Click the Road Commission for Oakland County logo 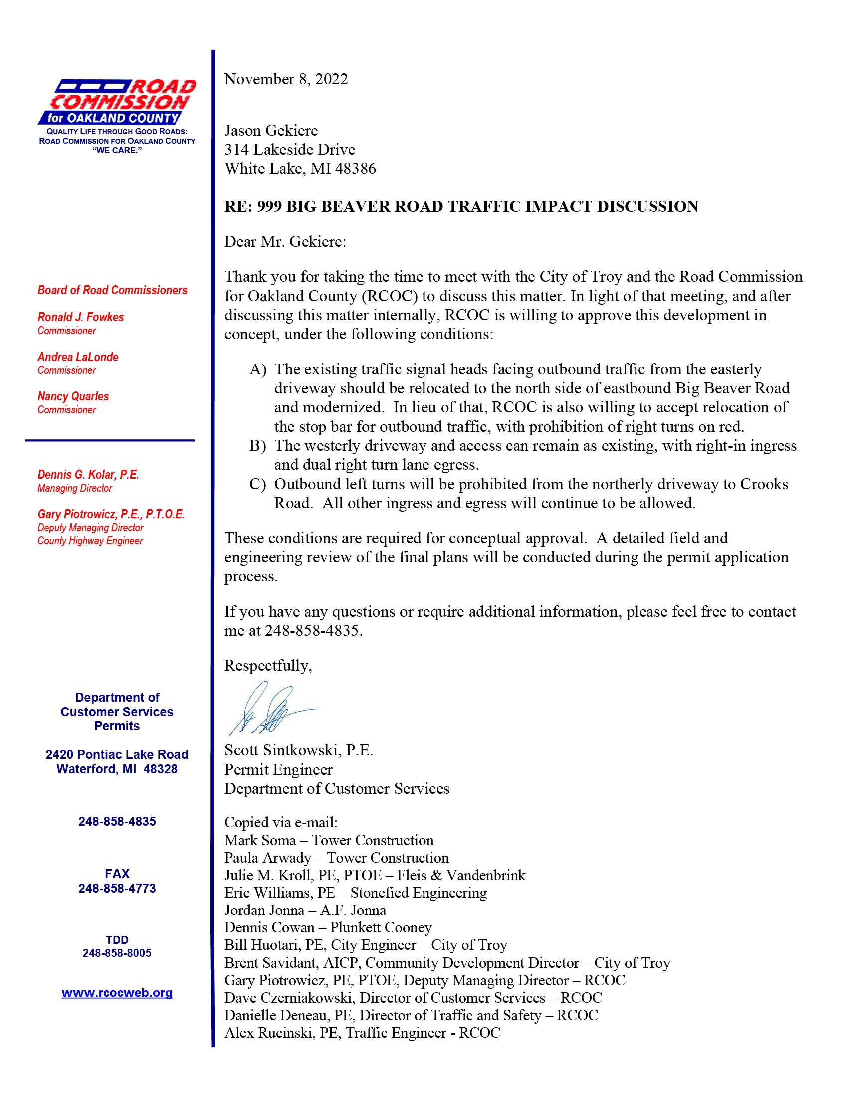[x=117, y=102]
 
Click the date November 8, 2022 [x=286, y=79]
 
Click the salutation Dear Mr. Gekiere [x=285, y=242]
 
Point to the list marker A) [x=258, y=369]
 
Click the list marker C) [x=258, y=484]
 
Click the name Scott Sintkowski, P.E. [x=298, y=750]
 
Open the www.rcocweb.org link [x=117, y=993]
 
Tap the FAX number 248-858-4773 [x=117, y=888]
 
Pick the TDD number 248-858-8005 [x=117, y=953]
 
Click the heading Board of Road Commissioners [x=112, y=290]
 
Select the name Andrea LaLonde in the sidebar [x=78, y=357]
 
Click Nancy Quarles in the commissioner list [x=73, y=396]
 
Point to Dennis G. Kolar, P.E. [x=88, y=475]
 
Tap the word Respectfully [x=268, y=666]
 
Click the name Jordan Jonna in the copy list [x=264, y=910]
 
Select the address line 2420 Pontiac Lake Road [x=117, y=754]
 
